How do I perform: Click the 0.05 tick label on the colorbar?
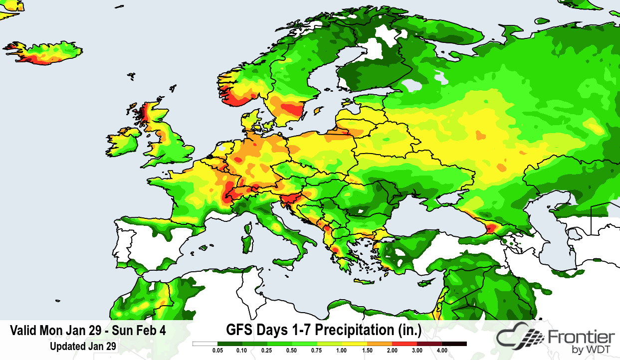click(217, 351)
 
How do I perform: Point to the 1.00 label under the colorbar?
click(341, 351)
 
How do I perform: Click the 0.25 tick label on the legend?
click(267, 351)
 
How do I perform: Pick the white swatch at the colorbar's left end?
click(205, 344)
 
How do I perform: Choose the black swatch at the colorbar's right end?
click(454, 344)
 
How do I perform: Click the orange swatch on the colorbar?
click(379, 344)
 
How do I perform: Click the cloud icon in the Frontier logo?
click(519, 339)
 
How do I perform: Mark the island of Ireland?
click(122, 142)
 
